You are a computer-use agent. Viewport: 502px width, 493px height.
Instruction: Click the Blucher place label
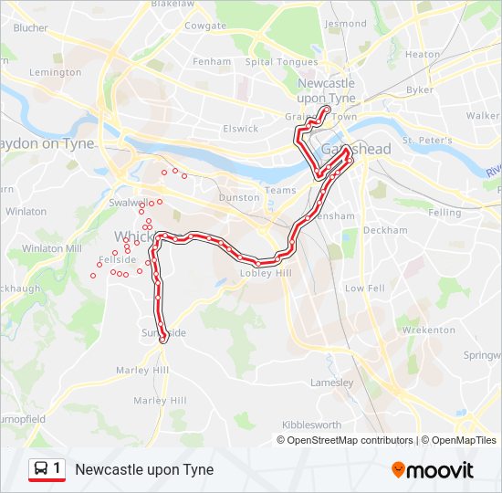[x=30, y=28]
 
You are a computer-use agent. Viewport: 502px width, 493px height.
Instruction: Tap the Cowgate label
[x=204, y=26]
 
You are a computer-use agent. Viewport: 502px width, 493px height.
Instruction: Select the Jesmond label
[x=345, y=24]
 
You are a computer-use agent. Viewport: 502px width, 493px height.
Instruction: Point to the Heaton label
[x=422, y=55]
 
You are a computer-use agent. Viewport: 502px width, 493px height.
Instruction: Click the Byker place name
[x=420, y=89]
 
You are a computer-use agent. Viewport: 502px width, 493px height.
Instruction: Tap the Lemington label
[x=55, y=72]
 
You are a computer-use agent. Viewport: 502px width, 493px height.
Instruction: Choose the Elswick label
[x=241, y=129]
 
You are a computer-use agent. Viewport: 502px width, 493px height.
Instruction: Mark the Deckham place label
[x=384, y=231]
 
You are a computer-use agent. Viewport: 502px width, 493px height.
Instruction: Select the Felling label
[x=444, y=212]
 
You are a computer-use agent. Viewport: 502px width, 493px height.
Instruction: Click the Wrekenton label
[x=427, y=330]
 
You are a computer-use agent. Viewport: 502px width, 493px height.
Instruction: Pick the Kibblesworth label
[x=311, y=425]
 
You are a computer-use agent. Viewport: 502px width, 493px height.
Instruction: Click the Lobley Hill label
[x=264, y=273]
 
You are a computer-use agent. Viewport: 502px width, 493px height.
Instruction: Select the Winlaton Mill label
[x=51, y=247]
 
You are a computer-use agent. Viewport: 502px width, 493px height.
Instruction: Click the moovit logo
[x=433, y=470]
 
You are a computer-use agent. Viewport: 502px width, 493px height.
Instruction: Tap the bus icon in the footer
[x=42, y=469]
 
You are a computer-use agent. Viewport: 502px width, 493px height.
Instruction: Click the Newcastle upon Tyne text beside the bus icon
[x=144, y=470]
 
